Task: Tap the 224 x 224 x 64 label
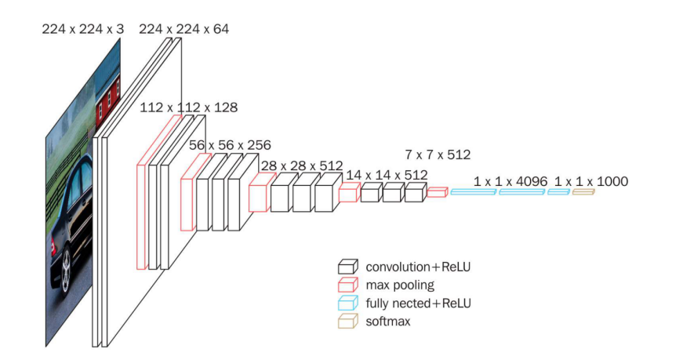coord(184,29)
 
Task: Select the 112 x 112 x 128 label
coord(188,107)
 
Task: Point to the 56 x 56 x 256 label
coord(230,144)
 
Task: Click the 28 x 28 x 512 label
coord(301,165)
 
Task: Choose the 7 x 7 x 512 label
coord(438,155)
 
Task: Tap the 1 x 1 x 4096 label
coord(510,181)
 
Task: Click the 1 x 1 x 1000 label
coord(590,181)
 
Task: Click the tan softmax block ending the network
coord(583,192)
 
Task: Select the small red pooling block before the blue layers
coord(438,192)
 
